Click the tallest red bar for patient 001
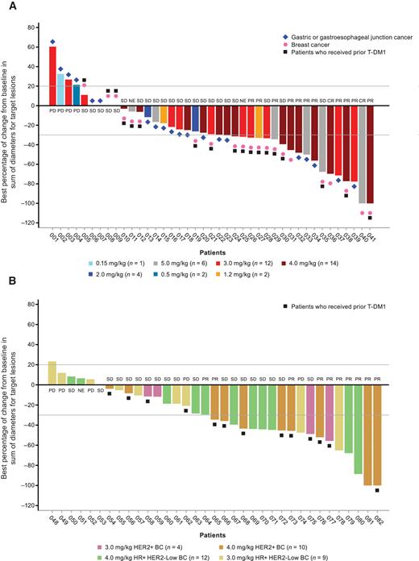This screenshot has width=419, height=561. coord(52,76)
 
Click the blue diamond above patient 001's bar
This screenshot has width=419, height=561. coord(52,41)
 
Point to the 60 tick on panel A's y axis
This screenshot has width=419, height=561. coord(35,48)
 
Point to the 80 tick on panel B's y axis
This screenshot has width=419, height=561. coord(35,305)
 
